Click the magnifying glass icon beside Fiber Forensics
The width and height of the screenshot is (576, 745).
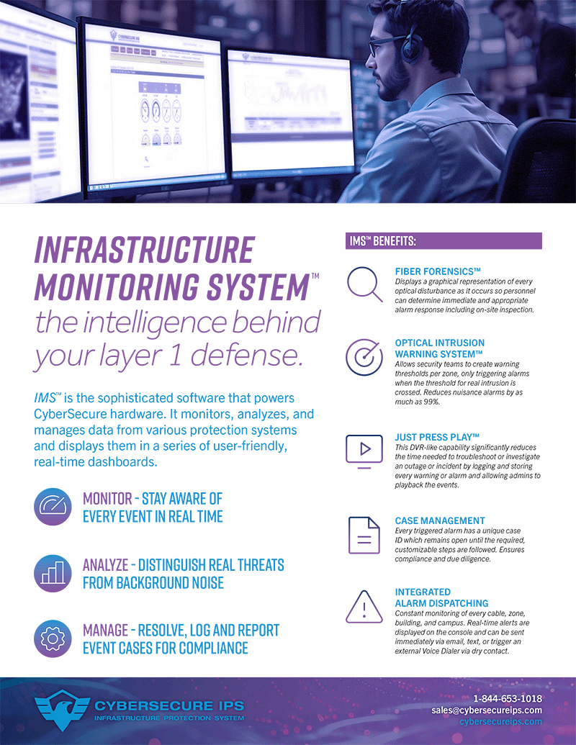364,284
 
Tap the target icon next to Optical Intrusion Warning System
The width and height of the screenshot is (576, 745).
364,358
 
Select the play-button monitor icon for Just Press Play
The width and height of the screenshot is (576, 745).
364,450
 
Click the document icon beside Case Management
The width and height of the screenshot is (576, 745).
364,535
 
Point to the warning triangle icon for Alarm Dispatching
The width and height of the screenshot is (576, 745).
364,606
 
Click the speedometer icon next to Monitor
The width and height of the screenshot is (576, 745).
53,507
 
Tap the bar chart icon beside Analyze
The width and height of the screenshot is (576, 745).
53,573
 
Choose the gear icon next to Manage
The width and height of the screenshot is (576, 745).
53,638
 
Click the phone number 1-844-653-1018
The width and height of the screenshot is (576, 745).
507,698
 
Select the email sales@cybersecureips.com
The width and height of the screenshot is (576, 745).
487,710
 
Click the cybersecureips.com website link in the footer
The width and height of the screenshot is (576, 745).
500,721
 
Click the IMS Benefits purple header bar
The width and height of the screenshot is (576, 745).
444,240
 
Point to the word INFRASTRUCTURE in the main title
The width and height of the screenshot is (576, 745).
144,250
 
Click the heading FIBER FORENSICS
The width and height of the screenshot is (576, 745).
438,270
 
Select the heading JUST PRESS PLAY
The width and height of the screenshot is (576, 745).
437,437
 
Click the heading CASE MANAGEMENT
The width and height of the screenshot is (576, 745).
440,520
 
